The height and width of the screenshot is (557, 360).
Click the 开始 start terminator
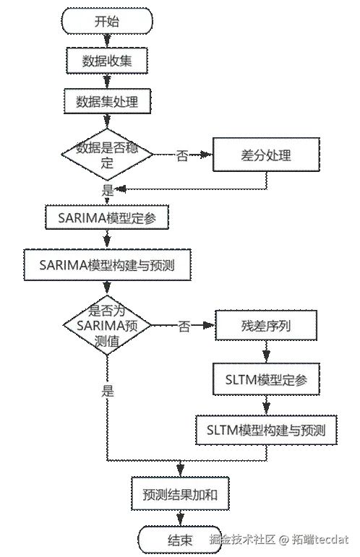tap(107, 22)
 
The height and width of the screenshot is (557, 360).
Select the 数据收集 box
tap(107, 61)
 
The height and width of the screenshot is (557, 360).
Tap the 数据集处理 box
tap(107, 101)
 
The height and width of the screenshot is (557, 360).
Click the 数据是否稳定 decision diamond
tap(107, 154)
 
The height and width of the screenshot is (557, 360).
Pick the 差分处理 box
tap(266, 155)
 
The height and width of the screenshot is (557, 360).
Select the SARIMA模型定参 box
tap(107, 217)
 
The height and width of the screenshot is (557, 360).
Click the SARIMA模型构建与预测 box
tap(107, 265)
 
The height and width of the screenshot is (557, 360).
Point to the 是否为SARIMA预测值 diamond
tap(107, 325)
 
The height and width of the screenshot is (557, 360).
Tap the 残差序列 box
tap(266, 325)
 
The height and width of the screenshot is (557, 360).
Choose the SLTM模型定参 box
tap(266, 379)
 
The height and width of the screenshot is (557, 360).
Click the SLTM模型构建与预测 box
tap(266, 430)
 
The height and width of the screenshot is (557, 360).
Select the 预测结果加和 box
tap(180, 494)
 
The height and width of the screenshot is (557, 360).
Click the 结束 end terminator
tap(180, 540)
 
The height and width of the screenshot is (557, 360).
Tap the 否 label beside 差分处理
tap(182, 155)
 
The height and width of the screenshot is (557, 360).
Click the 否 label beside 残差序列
tap(184, 326)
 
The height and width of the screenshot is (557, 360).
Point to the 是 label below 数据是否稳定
tap(107, 191)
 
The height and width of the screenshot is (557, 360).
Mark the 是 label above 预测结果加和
tap(107, 391)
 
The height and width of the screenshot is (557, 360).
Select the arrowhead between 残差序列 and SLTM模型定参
tap(266, 356)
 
